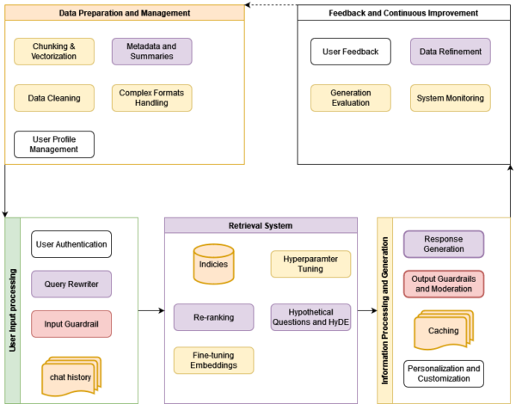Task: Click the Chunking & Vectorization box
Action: tap(54, 52)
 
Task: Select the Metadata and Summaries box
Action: tap(151, 52)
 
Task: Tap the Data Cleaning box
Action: tap(54, 98)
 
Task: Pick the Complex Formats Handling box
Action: tap(151, 98)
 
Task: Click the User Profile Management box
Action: tap(54, 144)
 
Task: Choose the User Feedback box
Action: tap(350, 52)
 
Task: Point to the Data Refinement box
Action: tap(450, 52)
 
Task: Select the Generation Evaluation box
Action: tap(350, 98)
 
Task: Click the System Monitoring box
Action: tap(450, 98)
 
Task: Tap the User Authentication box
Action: tap(71, 244)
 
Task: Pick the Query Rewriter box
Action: tap(71, 285)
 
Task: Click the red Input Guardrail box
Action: tap(71, 325)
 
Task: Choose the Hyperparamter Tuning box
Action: tap(310, 264)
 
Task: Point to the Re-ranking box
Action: tap(214, 316)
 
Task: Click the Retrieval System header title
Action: tap(261, 225)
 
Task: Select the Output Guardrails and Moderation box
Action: tap(444, 283)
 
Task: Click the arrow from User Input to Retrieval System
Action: tap(150, 309)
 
